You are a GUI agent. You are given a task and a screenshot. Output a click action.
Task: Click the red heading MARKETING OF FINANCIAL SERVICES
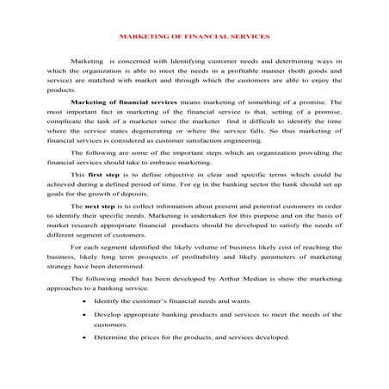tap(194, 38)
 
